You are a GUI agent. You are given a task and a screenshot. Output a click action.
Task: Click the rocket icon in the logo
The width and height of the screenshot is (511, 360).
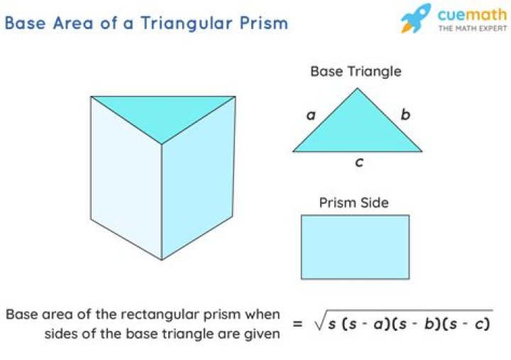[415, 18]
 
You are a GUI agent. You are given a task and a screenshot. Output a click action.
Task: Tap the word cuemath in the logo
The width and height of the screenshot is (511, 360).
[472, 15]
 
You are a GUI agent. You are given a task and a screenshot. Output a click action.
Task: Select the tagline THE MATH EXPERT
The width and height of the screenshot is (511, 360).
[473, 28]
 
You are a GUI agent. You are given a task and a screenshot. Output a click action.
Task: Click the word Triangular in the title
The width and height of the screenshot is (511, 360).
[187, 24]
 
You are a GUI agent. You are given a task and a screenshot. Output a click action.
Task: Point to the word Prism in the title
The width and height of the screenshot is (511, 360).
[264, 23]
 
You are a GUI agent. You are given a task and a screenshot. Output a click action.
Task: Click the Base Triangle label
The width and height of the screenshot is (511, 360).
[356, 72]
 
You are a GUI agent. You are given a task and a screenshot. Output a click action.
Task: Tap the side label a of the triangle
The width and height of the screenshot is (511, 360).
[312, 115]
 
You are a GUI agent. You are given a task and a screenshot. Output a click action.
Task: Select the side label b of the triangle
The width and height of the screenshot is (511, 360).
[405, 114]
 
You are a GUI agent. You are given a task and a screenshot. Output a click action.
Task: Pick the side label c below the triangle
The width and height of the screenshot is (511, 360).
[359, 162]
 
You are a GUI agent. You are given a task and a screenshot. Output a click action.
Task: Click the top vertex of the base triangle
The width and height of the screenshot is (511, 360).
[357, 88]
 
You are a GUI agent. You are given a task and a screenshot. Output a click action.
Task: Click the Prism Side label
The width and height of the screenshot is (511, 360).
[354, 202]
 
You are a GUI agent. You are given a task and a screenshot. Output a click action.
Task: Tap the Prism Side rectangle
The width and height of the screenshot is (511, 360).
[356, 247]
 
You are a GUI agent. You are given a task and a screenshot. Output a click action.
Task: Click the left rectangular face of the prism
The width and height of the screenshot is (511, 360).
[126, 178]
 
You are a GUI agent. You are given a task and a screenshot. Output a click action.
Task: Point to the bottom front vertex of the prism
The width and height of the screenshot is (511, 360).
[162, 260]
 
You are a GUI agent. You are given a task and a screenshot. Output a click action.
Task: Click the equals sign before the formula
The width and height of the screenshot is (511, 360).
[297, 324]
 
